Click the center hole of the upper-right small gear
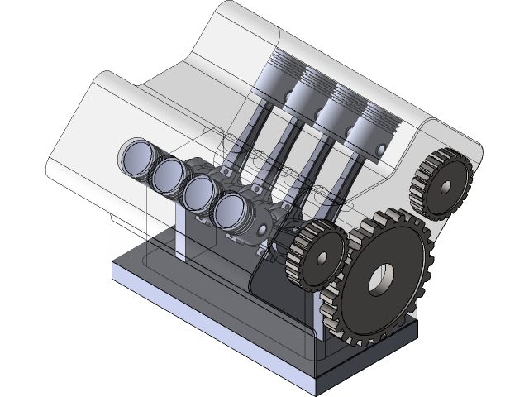click(446, 186)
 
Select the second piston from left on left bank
click(170, 173)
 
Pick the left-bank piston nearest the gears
click(231, 212)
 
